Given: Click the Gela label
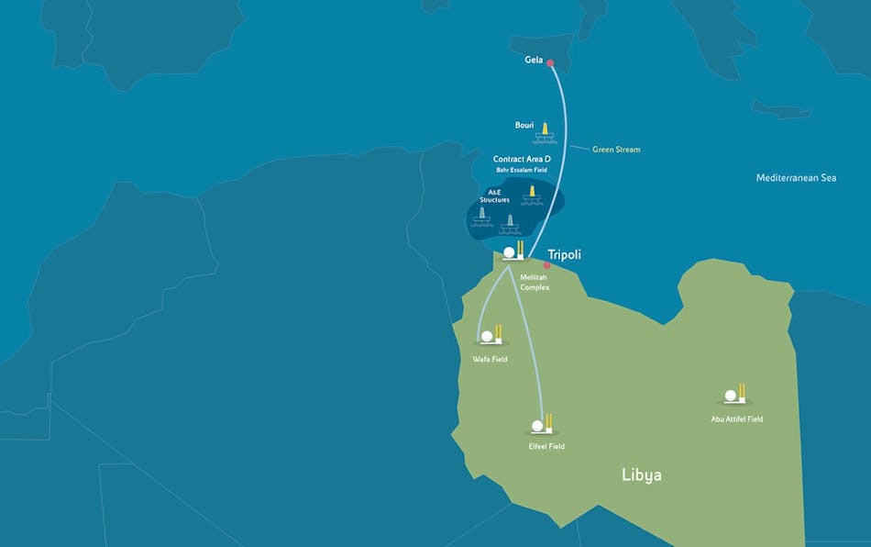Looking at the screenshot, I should [x=534, y=61].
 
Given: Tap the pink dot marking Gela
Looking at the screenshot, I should [x=551, y=62].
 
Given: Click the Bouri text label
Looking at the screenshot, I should [x=524, y=125].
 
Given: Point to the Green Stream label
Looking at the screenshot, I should [x=616, y=149].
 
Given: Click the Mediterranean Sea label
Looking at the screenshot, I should [x=796, y=178].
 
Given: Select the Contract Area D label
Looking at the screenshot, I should [x=522, y=159].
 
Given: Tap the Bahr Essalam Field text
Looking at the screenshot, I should [x=522, y=171].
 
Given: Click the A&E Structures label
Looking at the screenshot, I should [x=494, y=195].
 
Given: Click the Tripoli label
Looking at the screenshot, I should [x=566, y=254].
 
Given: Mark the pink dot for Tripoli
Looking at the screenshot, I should [x=546, y=266].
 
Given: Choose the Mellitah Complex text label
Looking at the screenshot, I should [x=535, y=283].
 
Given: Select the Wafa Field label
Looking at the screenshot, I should [x=490, y=359].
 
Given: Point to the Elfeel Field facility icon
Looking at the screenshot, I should [x=542, y=425].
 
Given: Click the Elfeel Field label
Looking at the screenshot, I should [x=546, y=446].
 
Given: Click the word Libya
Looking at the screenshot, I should [x=641, y=475].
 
